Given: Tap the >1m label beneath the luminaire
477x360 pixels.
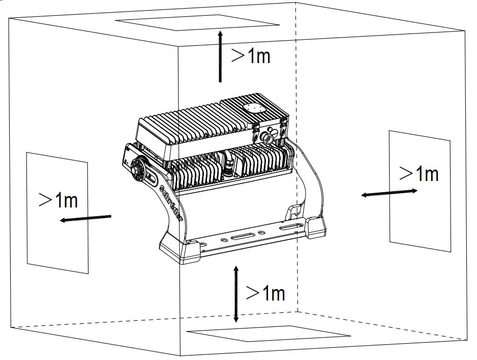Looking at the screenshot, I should click(x=265, y=293).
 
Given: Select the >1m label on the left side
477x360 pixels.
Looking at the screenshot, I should click(x=58, y=200).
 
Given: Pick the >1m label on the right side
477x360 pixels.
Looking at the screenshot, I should click(x=419, y=173).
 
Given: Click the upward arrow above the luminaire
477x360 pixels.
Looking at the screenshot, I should click(x=220, y=56).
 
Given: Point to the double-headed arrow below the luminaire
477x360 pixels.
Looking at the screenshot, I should click(x=235, y=293).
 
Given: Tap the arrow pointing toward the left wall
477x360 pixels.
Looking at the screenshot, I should click(x=85, y=218).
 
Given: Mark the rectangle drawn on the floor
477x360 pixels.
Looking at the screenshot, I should click(x=269, y=334).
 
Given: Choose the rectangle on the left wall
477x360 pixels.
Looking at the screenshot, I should click(x=57, y=213).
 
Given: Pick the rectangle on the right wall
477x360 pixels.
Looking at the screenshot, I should click(x=420, y=191).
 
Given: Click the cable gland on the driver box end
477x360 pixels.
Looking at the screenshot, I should click(x=267, y=138).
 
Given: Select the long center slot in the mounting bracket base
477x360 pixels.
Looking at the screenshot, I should click(x=246, y=237).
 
